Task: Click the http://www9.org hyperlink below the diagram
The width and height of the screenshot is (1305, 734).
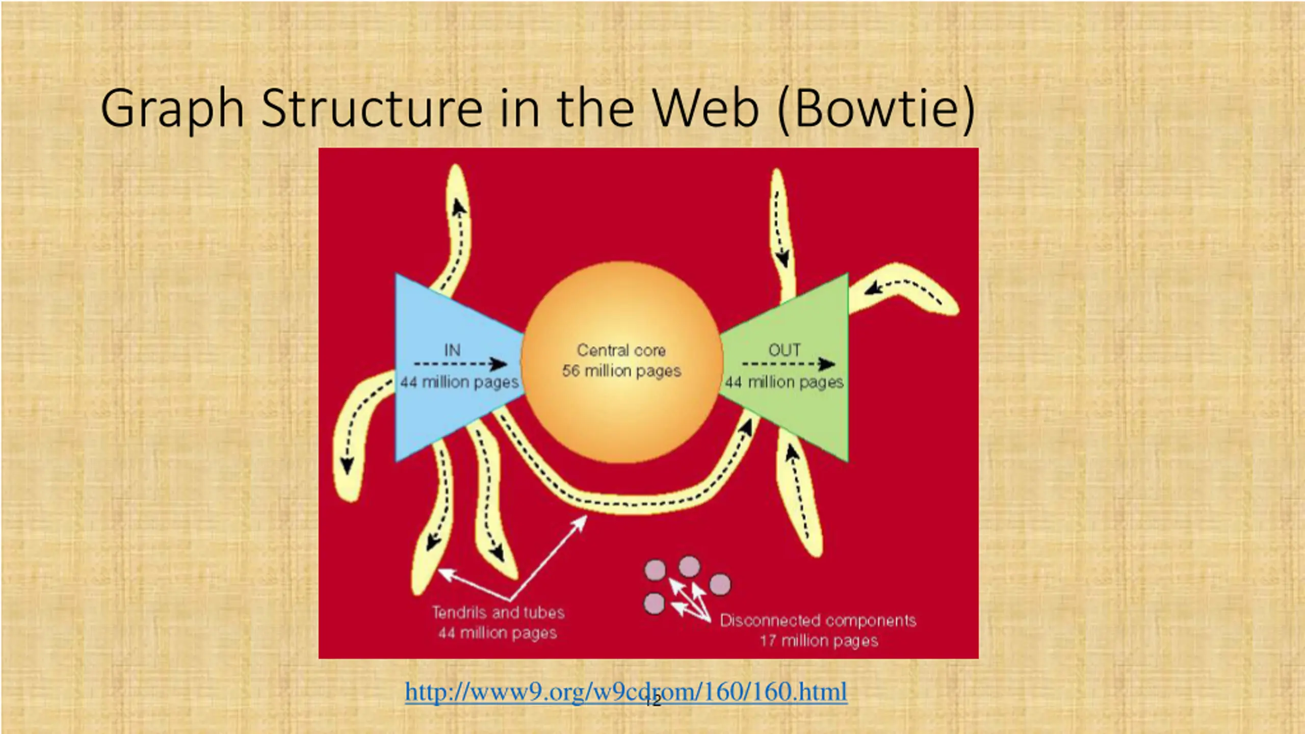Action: tap(626, 692)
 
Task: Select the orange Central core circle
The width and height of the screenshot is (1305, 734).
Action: tap(621, 418)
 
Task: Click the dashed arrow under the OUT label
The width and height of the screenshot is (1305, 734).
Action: tap(788, 364)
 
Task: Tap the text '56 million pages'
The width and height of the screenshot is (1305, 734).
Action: tap(621, 371)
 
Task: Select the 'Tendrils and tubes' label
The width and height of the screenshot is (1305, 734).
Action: tap(498, 612)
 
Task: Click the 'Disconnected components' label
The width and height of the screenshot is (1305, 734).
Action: tap(818, 620)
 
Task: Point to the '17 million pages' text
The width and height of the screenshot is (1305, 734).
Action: tap(819, 641)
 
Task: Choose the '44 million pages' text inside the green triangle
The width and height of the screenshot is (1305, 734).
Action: tap(784, 382)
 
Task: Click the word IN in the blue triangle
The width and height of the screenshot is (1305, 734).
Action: tap(452, 350)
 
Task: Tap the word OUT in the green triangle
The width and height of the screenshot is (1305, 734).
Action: tap(784, 350)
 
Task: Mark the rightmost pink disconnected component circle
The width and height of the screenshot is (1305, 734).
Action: tap(720, 584)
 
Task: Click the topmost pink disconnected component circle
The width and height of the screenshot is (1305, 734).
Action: tap(689, 566)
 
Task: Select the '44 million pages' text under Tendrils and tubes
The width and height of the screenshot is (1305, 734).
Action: tap(498, 633)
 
